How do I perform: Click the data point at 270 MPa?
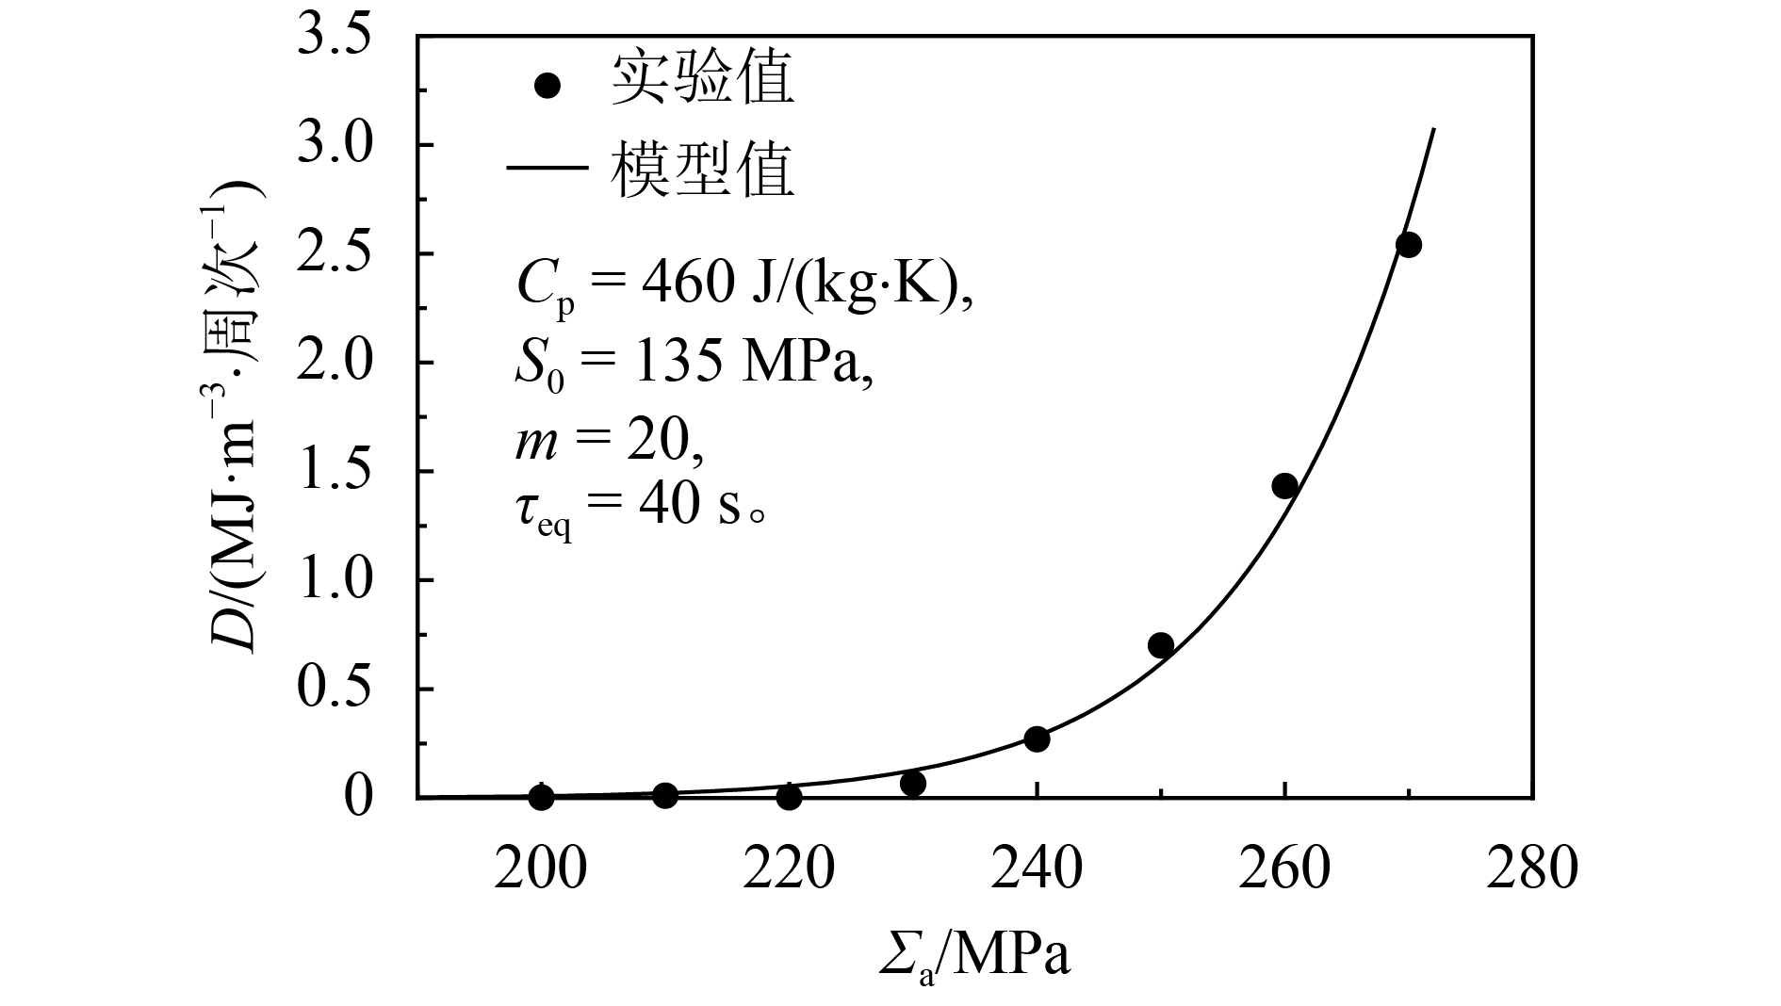(1408, 245)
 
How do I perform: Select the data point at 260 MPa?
(1284, 486)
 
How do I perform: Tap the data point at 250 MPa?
(1160, 645)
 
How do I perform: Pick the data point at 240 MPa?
(1037, 738)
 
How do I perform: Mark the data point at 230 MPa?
(912, 783)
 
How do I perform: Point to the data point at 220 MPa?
(789, 797)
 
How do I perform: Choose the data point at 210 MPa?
(665, 795)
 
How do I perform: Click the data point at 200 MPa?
(541, 797)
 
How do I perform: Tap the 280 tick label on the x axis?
(1532, 868)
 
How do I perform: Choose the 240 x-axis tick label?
(1037, 868)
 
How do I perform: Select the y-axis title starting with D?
(236, 414)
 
